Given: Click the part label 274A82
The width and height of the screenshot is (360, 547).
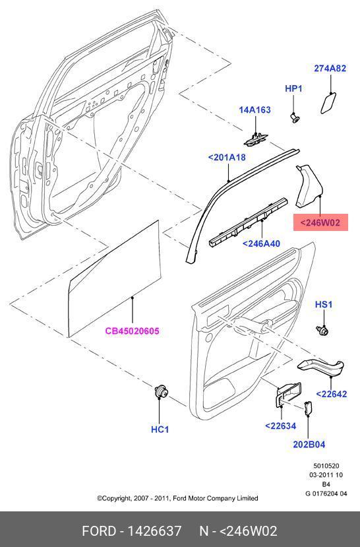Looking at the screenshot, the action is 330,69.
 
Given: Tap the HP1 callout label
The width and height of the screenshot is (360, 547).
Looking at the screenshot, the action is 294,88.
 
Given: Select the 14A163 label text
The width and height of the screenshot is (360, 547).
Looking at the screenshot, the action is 255,110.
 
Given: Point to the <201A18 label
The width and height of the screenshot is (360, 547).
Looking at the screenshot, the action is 227,157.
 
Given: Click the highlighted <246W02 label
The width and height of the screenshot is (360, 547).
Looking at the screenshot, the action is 320,222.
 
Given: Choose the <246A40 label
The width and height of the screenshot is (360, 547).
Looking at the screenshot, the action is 261,243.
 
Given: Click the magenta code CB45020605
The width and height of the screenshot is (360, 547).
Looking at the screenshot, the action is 132,331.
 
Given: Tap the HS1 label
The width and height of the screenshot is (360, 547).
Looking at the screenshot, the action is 324,305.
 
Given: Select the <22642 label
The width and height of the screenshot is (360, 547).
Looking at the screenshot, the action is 332,394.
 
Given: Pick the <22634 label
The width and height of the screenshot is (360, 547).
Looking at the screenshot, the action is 280,426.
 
